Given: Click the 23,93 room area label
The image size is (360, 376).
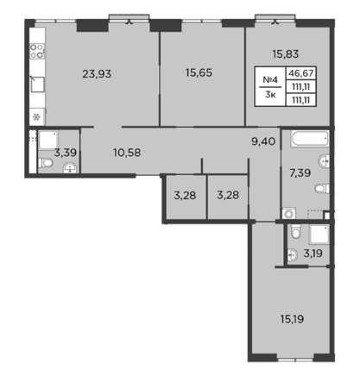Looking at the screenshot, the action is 97,74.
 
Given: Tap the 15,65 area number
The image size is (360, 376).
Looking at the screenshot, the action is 199,72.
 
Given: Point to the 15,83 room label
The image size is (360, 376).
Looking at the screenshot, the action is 286,54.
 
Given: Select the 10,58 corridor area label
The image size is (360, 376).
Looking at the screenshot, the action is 127,153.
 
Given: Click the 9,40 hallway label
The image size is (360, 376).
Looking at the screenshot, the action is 263,141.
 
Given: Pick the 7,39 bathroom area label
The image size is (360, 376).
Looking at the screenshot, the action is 300,173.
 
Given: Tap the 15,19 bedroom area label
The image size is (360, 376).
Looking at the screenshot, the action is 292,319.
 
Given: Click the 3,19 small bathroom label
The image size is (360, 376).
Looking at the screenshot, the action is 313,254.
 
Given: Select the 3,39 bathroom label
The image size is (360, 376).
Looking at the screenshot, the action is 66,153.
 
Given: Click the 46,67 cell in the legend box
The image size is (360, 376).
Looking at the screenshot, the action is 301,73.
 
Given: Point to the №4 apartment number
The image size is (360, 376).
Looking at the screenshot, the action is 270,79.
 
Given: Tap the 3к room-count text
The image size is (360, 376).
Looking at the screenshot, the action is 270,95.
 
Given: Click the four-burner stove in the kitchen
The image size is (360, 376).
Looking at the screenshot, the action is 37,51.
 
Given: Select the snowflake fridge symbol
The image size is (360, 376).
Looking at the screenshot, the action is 36,117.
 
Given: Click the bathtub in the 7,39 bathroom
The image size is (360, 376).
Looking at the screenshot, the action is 310,139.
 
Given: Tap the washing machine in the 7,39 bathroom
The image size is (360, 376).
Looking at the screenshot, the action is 289,214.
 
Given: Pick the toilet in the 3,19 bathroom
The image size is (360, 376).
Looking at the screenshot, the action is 296,231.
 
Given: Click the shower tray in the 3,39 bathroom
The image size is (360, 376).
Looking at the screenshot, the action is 48,141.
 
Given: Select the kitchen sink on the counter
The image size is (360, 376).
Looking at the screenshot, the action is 37,85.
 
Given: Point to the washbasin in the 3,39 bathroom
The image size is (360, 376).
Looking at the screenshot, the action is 70,167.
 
